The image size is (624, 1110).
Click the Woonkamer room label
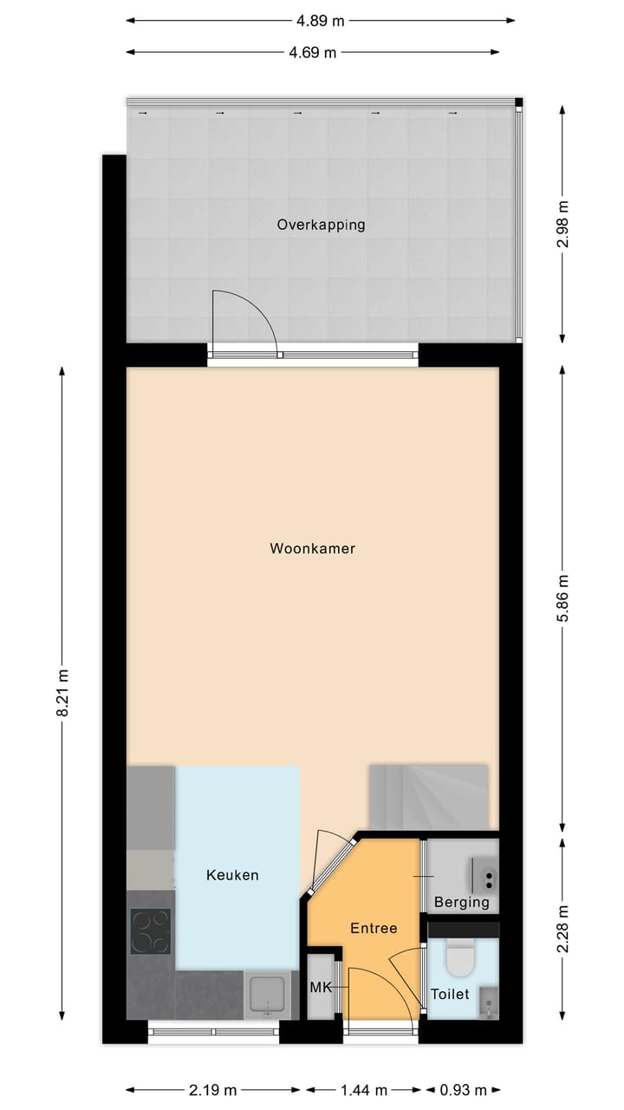(313, 549)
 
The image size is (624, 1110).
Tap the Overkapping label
(321, 225)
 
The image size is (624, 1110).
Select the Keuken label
(232, 875)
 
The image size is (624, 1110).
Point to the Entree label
(374, 928)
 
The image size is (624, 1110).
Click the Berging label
(462, 902)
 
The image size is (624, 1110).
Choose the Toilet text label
(450, 994)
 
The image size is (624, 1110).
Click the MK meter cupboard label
(321, 987)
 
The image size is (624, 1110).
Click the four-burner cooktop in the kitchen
(150, 931)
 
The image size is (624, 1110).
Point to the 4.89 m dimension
(321, 19)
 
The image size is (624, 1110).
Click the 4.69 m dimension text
(312, 52)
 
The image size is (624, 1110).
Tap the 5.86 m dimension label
(563, 597)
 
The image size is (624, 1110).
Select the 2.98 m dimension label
(563, 224)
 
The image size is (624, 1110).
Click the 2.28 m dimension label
(563, 929)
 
